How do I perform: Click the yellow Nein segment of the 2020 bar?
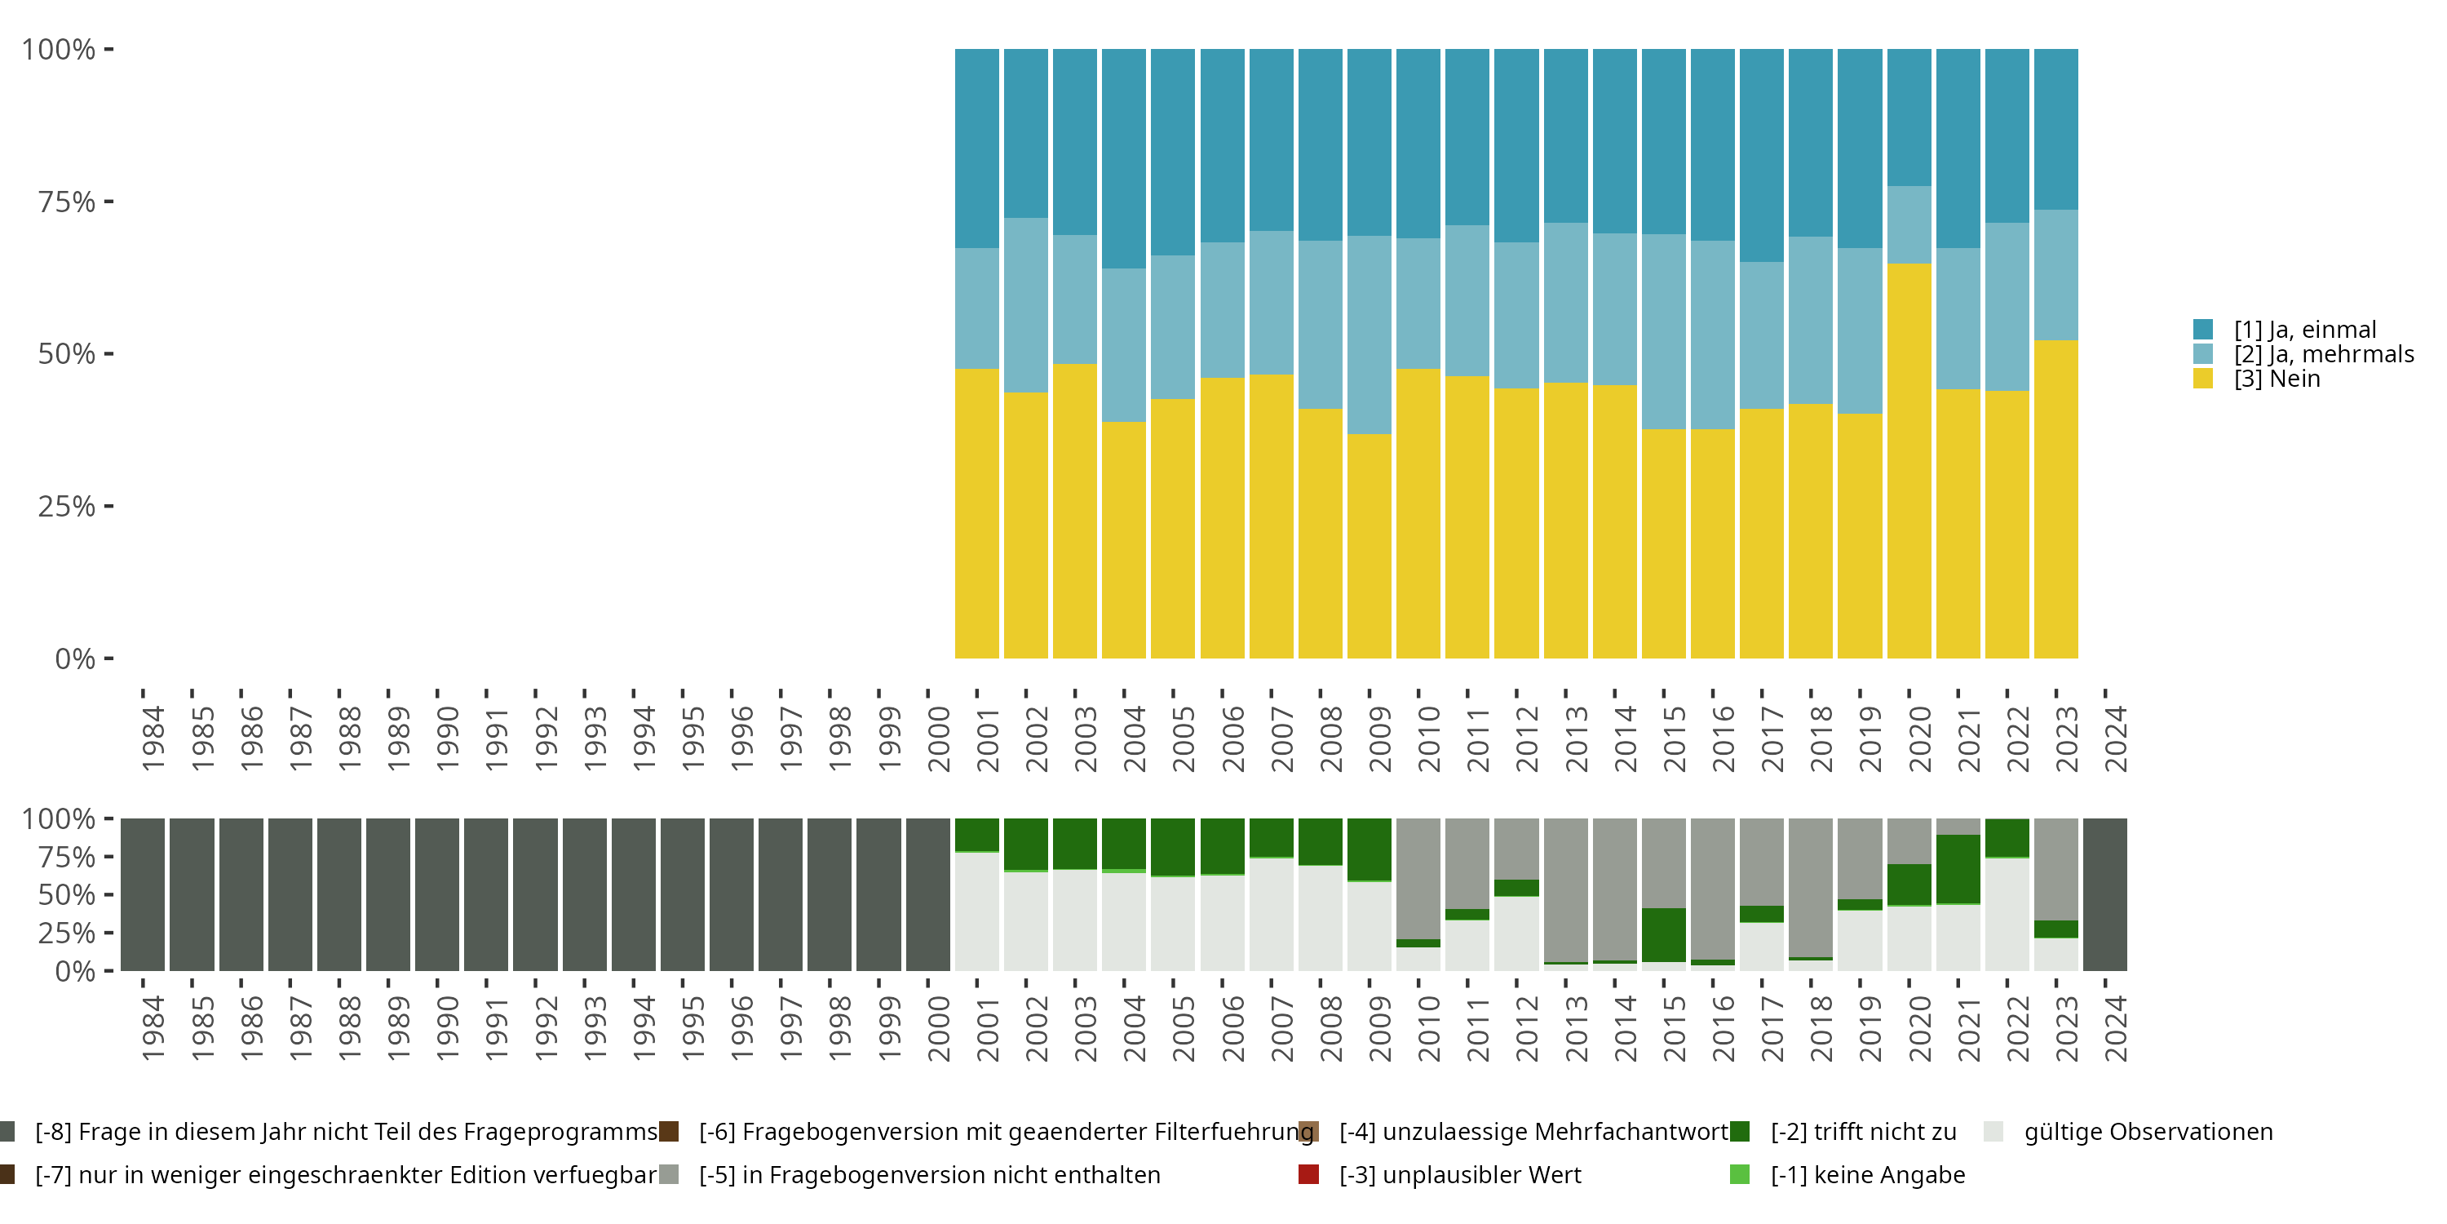tap(1909, 461)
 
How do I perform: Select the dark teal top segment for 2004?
tap(1124, 158)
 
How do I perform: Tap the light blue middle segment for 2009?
tap(1369, 335)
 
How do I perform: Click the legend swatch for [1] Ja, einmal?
tap(2203, 330)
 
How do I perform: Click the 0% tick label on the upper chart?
tap(75, 659)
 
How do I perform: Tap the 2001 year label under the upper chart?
tap(988, 738)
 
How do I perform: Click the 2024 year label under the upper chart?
tap(2116, 738)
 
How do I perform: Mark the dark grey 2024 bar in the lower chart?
tap(2104, 894)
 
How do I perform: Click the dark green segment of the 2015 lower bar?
tap(1663, 934)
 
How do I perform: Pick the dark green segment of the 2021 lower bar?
tap(1958, 868)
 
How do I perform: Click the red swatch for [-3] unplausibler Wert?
tap(1308, 1174)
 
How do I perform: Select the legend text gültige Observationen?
tap(2148, 1132)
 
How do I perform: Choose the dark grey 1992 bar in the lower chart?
tap(535, 894)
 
